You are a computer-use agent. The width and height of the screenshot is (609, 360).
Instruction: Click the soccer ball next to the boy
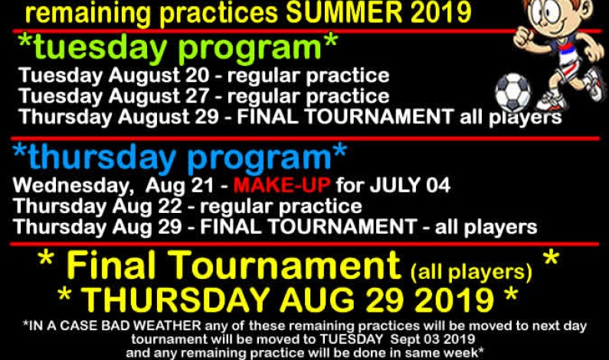tap(512, 92)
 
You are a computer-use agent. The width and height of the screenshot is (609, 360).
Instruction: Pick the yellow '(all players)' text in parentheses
tap(471, 270)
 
